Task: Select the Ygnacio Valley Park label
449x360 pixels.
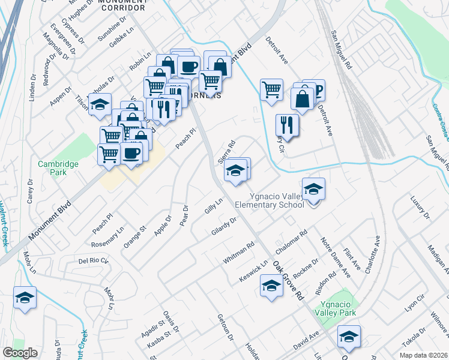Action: coord(338,308)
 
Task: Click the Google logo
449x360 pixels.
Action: coord(20,353)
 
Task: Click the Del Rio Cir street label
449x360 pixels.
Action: coord(93,260)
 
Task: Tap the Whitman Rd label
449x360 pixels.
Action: coord(239,252)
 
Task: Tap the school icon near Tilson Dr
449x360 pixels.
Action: coord(100,104)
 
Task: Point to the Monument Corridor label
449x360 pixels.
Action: coord(122,5)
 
